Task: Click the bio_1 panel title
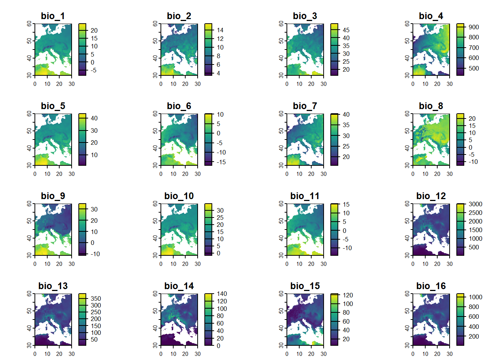(x=53, y=16)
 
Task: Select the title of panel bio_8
(x=431, y=106)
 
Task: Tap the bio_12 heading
(x=431, y=196)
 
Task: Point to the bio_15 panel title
(x=305, y=286)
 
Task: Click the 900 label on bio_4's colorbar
(x=474, y=27)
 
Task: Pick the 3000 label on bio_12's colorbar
(x=475, y=204)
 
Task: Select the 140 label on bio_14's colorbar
(x=222, y=294)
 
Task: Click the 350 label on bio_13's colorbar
(x=96, y=298)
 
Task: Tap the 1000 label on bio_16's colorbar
(x=475, y=297)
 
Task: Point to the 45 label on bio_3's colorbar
(x=346, y=30)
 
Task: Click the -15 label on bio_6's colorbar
(x=221, y=162)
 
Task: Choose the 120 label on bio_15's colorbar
(x=348, y=295)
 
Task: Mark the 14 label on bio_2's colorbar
(x=220, y=30)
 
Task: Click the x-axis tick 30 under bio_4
(x=450, y=84)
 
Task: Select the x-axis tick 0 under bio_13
(x=35, y=354)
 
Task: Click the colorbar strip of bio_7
(x=334, y=139)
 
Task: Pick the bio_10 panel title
(x=179, y=196)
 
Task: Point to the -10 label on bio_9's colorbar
(x=95, y=254)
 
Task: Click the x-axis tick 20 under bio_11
(x=311, y=264)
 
